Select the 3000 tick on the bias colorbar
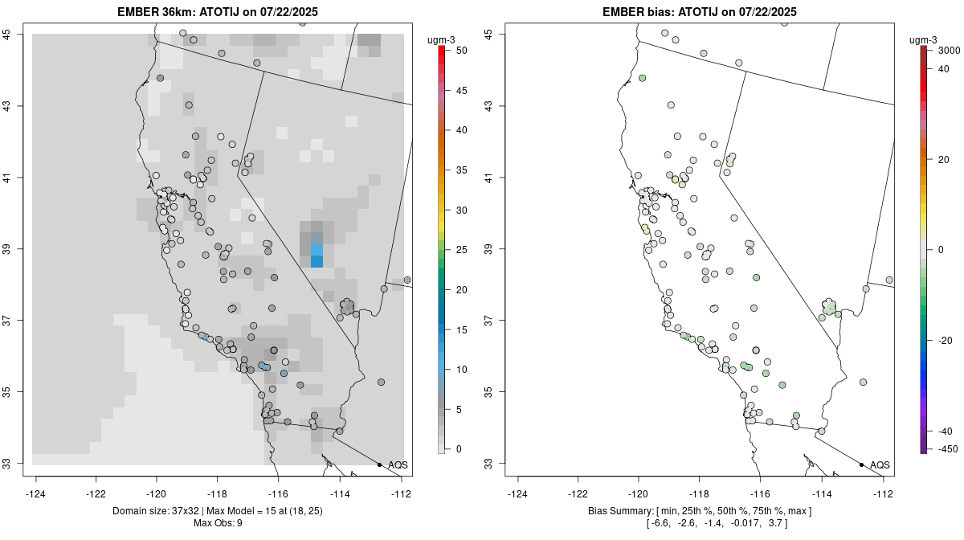point(949,50)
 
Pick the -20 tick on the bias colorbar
point(945,341)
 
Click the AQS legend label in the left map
point(398,465)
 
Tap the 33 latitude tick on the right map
point(490,464)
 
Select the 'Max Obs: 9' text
point(217,524)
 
